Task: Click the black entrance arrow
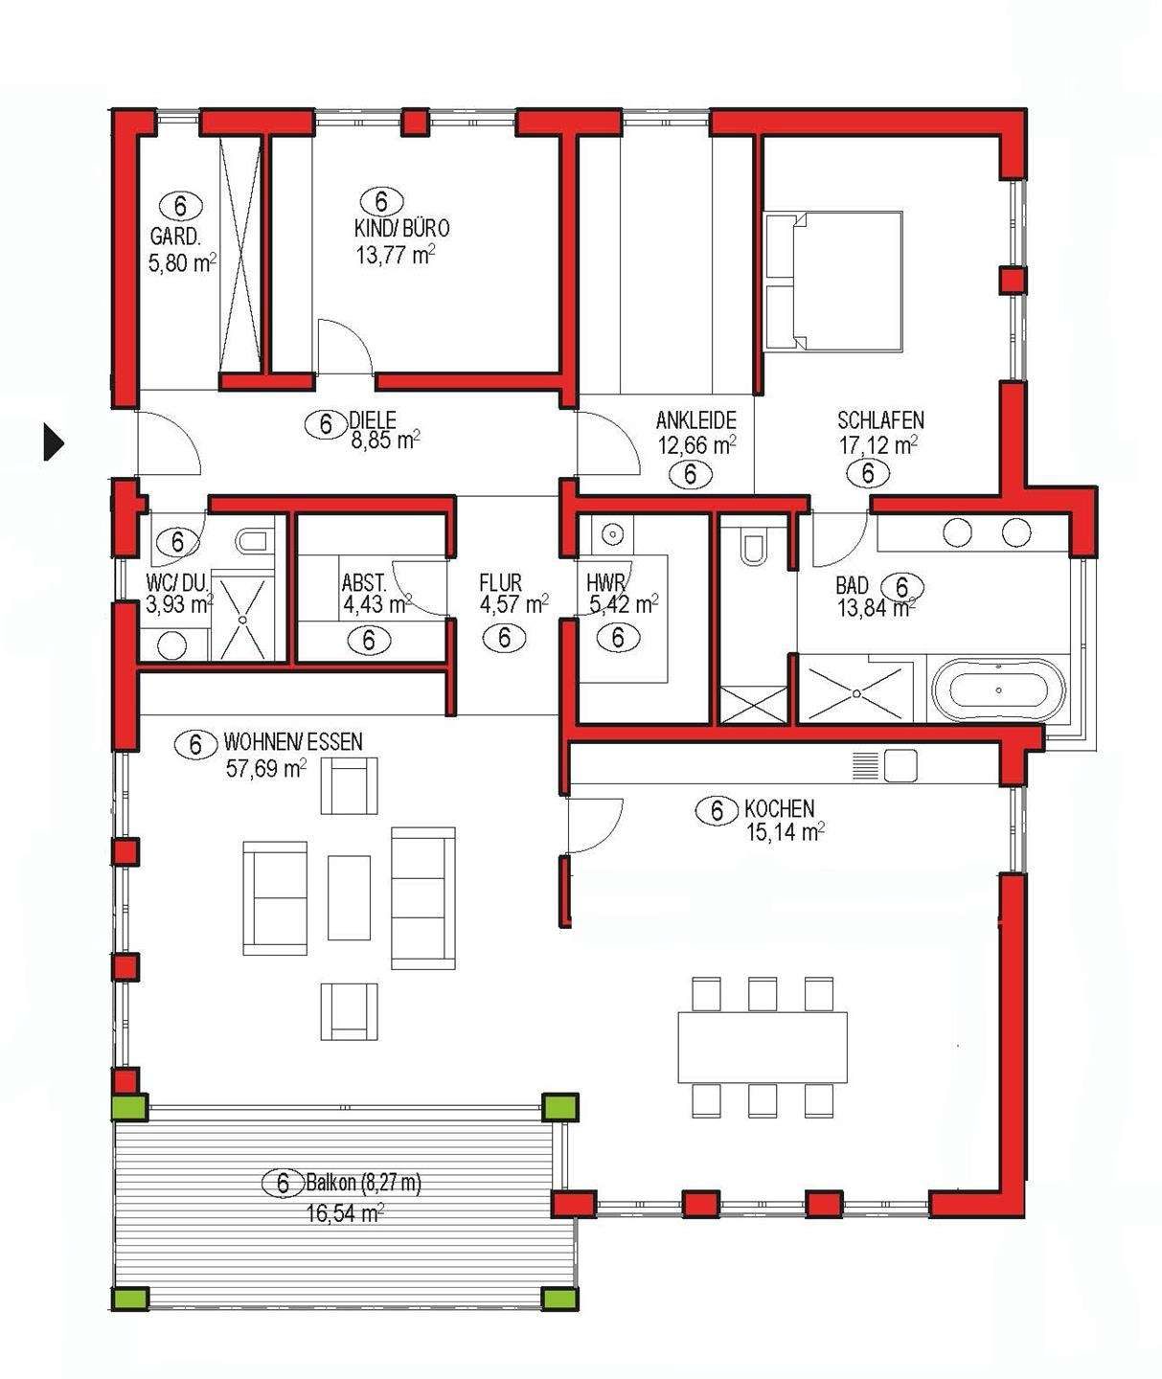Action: (53, 441)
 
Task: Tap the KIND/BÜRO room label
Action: (401, 229)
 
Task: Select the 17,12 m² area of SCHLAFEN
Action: (877, 445)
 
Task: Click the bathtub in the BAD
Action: (998, 690)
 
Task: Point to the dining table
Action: (763, 1047)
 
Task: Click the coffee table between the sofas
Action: (349, 897)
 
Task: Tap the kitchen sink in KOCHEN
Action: (900, 766)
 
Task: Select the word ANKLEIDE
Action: (695, 420)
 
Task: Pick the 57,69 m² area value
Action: (266, 768)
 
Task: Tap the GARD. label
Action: (175, 237)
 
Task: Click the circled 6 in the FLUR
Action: (505, 638)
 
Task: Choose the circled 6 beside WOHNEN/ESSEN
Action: (195, 745)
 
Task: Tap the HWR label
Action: (605, 583)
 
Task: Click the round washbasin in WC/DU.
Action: (173, 645)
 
